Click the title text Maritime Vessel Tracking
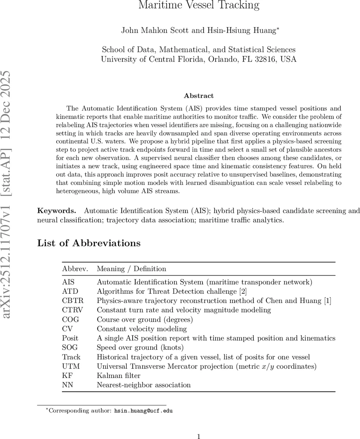pyautogui.click(x=199, y=5)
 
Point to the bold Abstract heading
pyautogui.click(x=198, y=96)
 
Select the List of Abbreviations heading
pyautogui.click(x=89, y=243)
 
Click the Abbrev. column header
pyautogui.click(x=75, y=269)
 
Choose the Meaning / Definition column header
pyautogui.click(x=131, y=269)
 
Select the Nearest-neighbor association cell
pyautogui.click(x=144, y=385)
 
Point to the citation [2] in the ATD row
pyautogui.click(x=243, y=292)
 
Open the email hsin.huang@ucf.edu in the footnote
pyautogui.click(x=143, y=410)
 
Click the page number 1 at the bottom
pyautogui.click(x=199, y=436)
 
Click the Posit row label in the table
pyautogui.click(x=70, y=338)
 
